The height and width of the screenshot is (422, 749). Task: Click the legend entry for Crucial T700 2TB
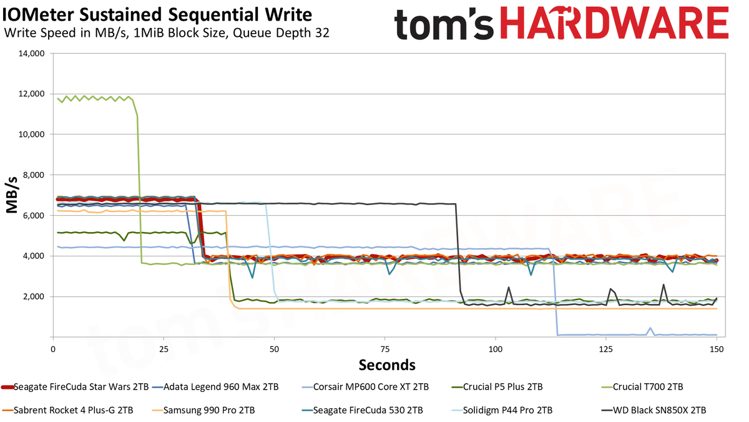click(x=642, y=387)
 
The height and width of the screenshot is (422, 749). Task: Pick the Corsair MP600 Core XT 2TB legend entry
click(x=365, y=387)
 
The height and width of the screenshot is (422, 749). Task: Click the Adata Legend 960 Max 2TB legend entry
click(x=215, y=387)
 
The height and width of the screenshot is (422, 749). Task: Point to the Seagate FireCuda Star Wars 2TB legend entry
click(x=75, y=387)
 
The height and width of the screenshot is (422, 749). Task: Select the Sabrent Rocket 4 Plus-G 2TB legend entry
click(x=67, y=410)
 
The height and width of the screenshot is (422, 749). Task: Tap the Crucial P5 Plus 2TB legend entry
click(x=497, y=387)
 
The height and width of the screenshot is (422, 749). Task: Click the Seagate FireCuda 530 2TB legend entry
click(x=362, y=410)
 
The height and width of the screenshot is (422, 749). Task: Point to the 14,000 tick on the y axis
click(x=31, y=54)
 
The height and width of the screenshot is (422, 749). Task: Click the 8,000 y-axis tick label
click(x=34, y=175)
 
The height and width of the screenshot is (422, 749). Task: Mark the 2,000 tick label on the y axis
click(x=34, y=297)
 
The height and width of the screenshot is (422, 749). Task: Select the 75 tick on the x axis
click(x=385, y=349)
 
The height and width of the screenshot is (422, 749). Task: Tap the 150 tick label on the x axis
click(x=717, y=349)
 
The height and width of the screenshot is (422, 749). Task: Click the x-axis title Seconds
click(x=387, y=364)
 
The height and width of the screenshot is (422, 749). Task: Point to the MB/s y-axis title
click(x=12, y=195)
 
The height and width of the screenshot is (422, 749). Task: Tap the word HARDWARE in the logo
click(x=615, y=23)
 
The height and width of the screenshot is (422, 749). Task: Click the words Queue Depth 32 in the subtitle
click(x=281, y=33)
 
